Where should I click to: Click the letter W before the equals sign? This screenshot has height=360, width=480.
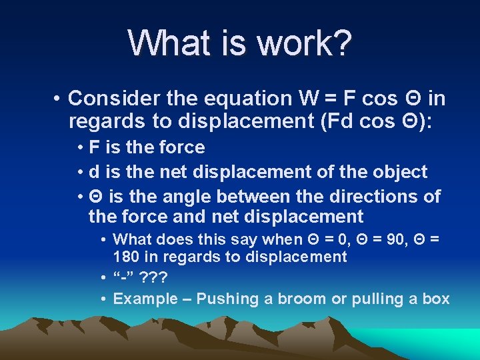(x=311, y=99)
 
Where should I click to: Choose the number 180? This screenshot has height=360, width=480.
(x=126, y=257)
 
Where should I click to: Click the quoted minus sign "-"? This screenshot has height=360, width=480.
(x=123, y=277)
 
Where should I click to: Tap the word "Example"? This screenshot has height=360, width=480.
(x=145, y=299)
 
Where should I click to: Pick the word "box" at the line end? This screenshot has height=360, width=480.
(x=436, y=299)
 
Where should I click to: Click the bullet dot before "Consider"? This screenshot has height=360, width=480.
(x=59, y=99)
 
